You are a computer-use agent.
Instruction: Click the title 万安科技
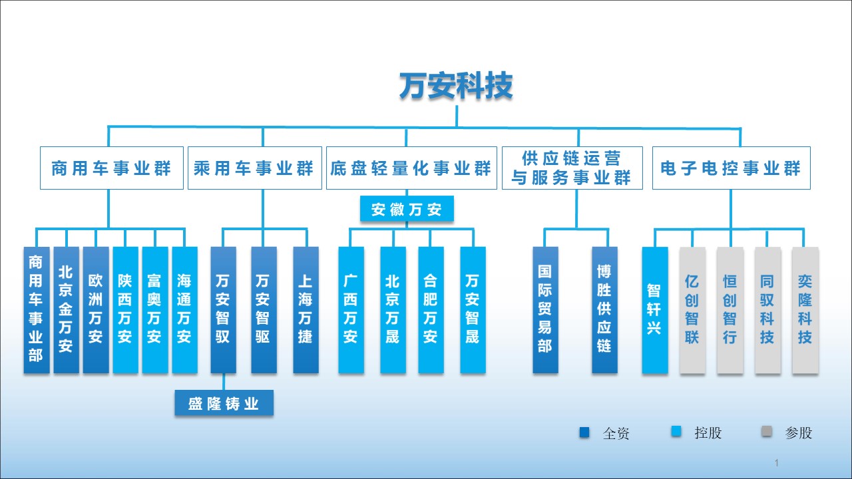[x=456, y=86]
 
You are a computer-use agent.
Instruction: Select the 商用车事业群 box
[x=111, y=168]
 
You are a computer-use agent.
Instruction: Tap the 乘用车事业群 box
[x=253, y=168]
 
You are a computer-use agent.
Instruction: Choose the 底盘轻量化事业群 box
[x=411, y=168]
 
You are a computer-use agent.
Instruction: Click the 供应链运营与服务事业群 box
[x=572, y=168]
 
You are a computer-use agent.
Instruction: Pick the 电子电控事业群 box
[x=731, y=168]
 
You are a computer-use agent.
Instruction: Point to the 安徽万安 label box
[x=407, y=210]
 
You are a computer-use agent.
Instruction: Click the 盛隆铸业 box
[x=224, y=403]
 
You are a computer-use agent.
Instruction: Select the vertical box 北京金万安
[x=65, y=309]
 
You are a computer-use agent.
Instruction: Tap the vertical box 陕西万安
[x=124, y=309]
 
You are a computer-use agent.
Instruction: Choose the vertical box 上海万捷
[x=306, y=309]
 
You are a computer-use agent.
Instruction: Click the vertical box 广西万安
[x=351, y=309]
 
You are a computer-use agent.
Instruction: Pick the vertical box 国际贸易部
[x=545, y=309]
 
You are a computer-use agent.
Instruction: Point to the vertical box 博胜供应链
[x=604, y=309]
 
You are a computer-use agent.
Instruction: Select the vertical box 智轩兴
[x=654, y=309]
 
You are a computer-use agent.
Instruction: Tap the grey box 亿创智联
[x=692, y=309]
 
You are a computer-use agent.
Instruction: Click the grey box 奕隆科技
[x=805, y=309]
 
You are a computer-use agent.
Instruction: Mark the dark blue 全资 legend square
[x=585, y=432]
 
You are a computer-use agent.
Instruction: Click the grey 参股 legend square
[x=767, y=432]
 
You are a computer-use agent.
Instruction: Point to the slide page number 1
[x=777, y=462]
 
